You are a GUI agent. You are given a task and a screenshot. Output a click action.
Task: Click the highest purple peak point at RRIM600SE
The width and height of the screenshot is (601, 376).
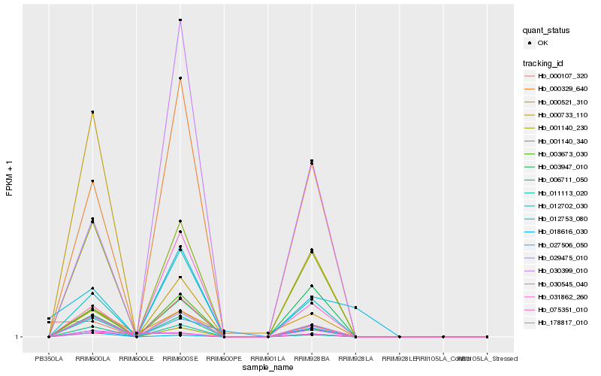[x=180, y=20]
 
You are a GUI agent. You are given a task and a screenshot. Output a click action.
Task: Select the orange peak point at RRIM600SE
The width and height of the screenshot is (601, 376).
[x=180, y=78]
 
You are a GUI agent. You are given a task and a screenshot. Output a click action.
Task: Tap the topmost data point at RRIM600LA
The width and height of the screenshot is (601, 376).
[x=92, y=112]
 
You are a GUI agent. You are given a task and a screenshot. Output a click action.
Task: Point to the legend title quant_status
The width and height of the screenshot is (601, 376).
[x=546, y=30]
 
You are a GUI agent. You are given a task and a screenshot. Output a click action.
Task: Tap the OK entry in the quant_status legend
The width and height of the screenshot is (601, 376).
[x=542, y=43]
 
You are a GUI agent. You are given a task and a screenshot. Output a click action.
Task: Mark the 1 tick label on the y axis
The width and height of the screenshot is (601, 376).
[x=18, y=337]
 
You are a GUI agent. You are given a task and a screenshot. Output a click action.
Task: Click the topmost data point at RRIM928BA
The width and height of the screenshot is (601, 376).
[x=312, y=160]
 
